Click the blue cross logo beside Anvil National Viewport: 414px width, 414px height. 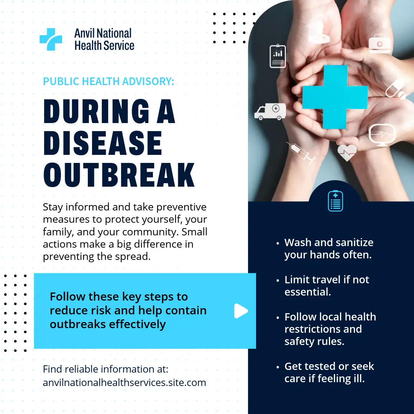51,39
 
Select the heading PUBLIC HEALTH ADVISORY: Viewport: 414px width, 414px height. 108,81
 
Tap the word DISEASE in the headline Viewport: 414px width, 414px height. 103,143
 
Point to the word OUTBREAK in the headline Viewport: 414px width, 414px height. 119,175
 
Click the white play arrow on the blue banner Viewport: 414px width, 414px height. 241,311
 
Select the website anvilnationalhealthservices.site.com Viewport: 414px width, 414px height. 124,383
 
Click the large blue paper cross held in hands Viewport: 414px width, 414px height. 335,97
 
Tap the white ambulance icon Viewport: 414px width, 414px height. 270,112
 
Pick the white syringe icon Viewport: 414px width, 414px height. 301,153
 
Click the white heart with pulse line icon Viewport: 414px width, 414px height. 347,152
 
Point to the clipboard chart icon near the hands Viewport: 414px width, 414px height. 278,56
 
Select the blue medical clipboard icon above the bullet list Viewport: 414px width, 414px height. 335,200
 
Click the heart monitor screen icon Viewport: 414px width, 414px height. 382,135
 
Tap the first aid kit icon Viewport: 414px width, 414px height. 379,44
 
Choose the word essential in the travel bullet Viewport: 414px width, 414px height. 307,292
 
